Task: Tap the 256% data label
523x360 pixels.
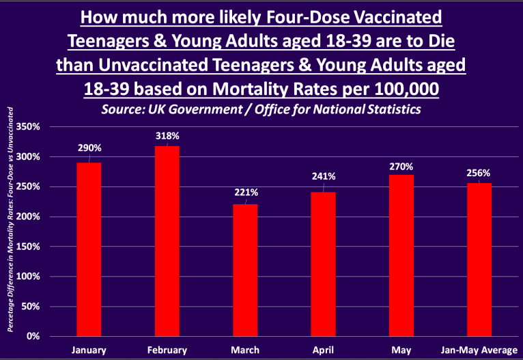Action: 479,172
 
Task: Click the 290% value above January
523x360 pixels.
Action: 89,148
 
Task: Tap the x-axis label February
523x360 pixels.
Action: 167,350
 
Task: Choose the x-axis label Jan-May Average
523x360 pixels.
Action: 479,350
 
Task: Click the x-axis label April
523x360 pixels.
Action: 323,350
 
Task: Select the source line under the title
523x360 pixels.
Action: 261,109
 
